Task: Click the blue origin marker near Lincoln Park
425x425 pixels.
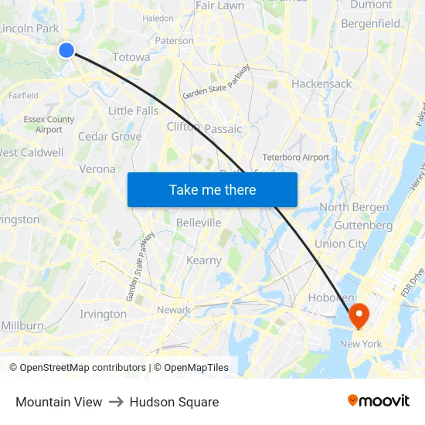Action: [66, 50]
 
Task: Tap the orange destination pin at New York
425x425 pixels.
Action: [359, 314]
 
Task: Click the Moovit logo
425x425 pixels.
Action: [378, 401]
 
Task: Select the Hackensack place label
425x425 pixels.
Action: [321, 83]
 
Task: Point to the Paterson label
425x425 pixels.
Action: [175, 40]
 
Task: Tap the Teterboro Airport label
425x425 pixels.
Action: [296, 157]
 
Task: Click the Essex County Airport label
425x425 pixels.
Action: [49, 124]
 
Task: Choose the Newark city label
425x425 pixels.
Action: [174, 310]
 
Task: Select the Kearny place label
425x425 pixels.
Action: [204, 260]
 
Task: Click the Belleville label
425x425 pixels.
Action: [199, 223]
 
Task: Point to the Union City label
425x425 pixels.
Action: [341, 244]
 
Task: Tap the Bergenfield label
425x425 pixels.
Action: [371, 24]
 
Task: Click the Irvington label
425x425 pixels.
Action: [103, 314]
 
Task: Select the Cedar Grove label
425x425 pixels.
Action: [110, 137]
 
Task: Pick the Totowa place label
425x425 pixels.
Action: [131, 57]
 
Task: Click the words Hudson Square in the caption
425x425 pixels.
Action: [174, 402]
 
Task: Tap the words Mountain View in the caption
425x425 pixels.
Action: [59, 402]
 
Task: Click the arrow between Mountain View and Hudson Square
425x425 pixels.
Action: [116, 402]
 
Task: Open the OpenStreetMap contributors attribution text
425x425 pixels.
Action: [82, 368]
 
